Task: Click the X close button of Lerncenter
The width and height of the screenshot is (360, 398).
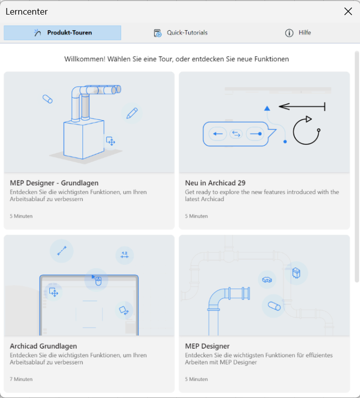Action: (x=348, y=11)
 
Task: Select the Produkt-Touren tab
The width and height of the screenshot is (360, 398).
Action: (x=62, y=33)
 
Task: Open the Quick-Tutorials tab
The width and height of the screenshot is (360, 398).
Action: (x=181, y=33)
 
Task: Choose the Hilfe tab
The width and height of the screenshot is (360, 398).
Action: (x=298, y=33)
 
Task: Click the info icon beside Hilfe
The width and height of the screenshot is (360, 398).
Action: (x=289, y=33)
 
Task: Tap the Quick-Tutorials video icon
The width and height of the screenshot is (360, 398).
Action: (x=158, y=33)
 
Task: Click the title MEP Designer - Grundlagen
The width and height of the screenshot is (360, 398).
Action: (x=54, y=183)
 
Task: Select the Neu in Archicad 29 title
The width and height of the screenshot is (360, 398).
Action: (x=215, y=183)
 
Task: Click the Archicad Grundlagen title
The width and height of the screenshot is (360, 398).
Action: (x=43, y=346)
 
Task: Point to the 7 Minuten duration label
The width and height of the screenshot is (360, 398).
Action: (x=21, y=379)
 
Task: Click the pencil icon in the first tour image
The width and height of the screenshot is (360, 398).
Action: (x=132, y=113)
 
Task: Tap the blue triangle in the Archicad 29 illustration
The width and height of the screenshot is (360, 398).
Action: (x=267, y=109)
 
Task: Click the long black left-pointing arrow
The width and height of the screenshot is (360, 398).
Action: (x=302, y=107)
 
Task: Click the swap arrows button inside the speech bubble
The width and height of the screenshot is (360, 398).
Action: (x=236, y=134)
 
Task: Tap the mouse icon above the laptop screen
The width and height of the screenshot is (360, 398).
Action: (x=98, y=281)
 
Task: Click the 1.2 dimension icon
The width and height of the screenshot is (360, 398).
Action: (x=125, y=255)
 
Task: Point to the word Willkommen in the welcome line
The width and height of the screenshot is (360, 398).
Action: (x=85, y=59)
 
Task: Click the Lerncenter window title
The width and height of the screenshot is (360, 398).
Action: (x=27, y=12)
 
